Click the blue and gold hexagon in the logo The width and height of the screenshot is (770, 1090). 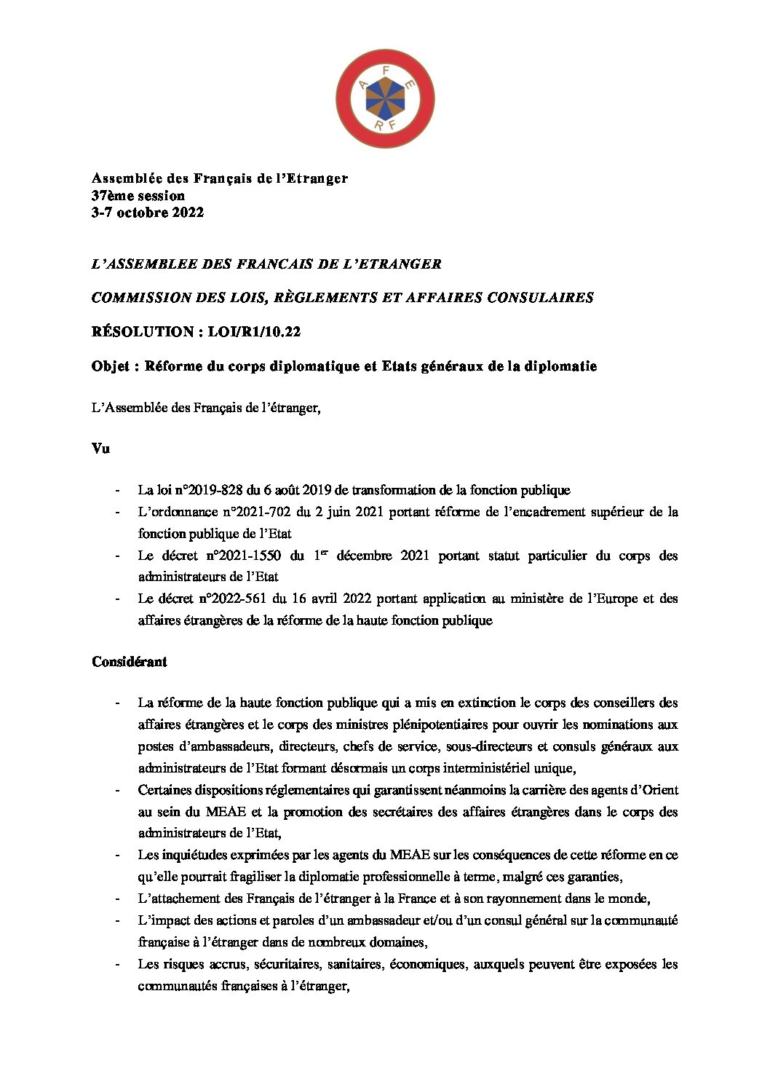[x=384, y=98]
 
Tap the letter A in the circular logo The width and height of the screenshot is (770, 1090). [x=363, y=85]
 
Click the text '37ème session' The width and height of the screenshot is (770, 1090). [x=138, y=195]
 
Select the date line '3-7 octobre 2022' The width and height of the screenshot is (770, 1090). [x=147, y=213]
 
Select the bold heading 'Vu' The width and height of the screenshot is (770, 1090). [x=100, y=449]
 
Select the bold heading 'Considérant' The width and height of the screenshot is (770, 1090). [x=130, y=662]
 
